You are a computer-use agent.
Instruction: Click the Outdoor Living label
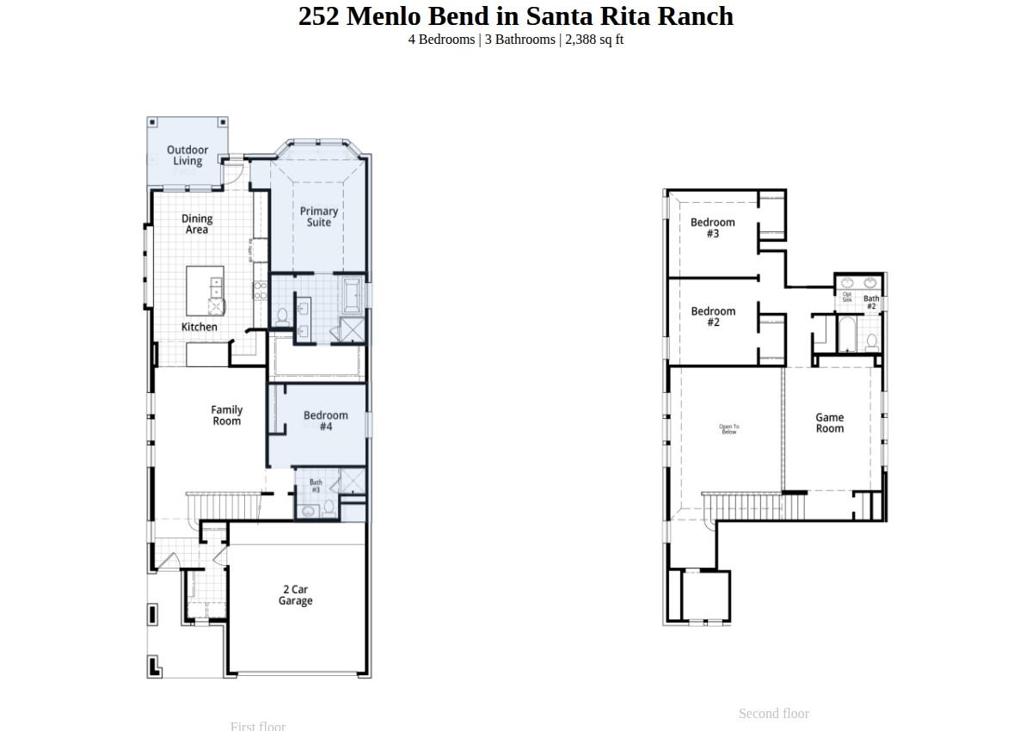point(187,156)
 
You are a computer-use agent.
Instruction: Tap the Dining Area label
point(197,224)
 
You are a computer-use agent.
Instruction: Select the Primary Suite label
point(319,217)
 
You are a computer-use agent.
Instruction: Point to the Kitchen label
point(200,327)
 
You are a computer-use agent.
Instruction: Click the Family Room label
point(227,415)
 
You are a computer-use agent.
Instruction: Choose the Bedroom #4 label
point(326,421)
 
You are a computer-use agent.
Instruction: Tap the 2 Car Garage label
point(295,595)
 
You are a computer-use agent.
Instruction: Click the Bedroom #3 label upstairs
point(713,228)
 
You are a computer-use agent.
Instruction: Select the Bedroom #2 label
point(713,316)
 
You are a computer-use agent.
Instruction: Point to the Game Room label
point(830,423)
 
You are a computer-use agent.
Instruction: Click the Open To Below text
point(729,429)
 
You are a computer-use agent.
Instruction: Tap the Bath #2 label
point(871,303)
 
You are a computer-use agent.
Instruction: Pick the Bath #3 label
point(316,486)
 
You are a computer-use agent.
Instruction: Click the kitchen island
point(206,291)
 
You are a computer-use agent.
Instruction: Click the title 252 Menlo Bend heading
point(516,16)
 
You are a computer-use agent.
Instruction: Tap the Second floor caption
point(774,714)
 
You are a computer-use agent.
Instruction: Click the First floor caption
point(258,726)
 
